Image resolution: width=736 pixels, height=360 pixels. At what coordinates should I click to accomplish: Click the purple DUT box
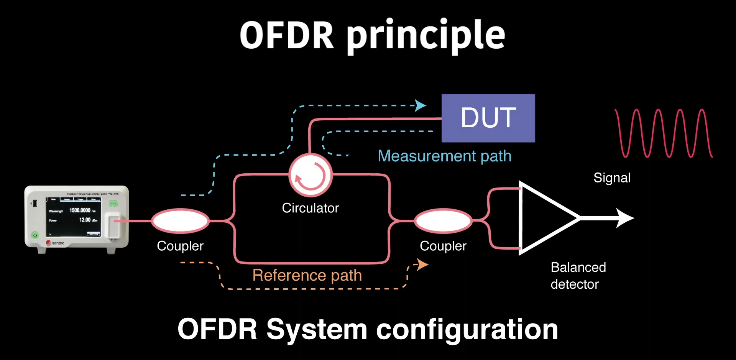click(488, 118)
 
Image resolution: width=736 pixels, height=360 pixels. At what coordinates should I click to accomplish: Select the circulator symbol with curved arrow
click(310, 176)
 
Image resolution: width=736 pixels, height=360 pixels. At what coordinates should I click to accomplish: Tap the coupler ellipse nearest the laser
click(180, 221)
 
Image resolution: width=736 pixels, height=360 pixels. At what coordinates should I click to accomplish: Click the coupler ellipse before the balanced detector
click(443, 221)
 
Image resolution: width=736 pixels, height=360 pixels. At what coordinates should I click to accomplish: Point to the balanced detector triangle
click(544, 218)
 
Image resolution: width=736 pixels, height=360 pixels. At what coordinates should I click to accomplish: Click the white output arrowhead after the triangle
click(625, 218)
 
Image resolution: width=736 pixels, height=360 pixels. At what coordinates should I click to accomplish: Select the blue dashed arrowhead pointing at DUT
click(421, 105)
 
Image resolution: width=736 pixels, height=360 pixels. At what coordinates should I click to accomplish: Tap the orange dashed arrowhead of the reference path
click(422, 264)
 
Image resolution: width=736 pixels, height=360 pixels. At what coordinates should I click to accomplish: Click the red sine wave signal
click(663, 133)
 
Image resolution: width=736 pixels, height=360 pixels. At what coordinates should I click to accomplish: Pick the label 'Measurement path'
click(444, 156)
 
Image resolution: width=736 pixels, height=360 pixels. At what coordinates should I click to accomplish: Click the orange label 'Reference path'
click(307, 275)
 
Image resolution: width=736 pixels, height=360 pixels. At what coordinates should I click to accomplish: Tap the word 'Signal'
click(612, 178)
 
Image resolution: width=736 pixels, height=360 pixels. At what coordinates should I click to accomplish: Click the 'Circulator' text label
click(310, 208)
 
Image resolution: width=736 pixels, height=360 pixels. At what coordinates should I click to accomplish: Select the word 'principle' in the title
click(426, 36)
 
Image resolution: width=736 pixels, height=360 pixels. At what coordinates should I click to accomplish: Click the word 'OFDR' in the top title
click(287, 36)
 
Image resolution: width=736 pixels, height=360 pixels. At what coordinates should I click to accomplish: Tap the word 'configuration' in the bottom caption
click(467, 329)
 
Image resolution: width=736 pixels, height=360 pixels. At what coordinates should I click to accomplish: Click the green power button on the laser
click(35, 235)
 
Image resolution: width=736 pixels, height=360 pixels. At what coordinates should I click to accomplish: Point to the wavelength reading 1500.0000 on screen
click(80, 210)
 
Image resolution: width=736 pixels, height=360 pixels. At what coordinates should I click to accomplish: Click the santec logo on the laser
click(55, 243)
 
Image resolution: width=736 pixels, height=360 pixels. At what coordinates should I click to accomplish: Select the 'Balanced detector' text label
click(578, 276)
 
